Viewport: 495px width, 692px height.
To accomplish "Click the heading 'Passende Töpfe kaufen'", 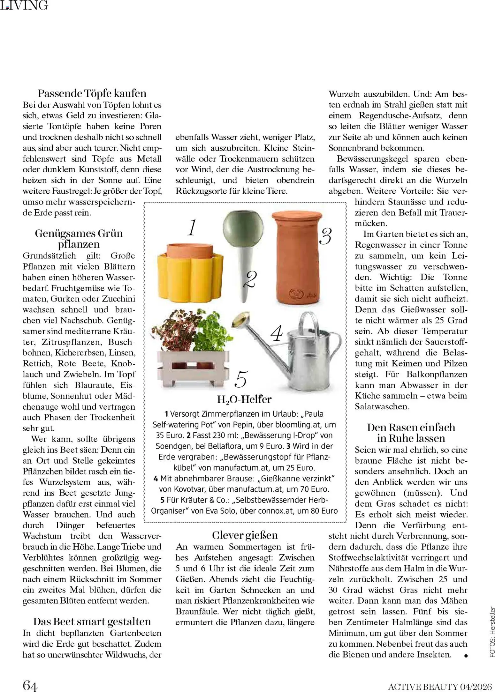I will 92,93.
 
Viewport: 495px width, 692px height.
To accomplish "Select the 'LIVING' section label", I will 24,5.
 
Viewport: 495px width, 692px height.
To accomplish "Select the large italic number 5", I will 241,379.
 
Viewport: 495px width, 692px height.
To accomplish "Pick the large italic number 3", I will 325,236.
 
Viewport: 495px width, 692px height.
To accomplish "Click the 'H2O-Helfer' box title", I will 244,399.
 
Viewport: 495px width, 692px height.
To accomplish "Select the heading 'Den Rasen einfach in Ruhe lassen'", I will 411,433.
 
